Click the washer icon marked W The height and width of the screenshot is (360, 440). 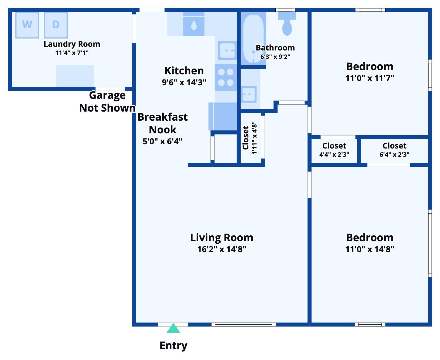27,25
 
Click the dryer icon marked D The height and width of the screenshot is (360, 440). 56,25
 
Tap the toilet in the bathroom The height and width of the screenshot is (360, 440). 287,25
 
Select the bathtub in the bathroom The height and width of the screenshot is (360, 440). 254,39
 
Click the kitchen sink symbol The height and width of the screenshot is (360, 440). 227,50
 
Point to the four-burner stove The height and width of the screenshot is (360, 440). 226,77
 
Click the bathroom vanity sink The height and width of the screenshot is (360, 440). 249,94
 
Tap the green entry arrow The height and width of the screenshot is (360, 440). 173,329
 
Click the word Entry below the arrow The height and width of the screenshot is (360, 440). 174,346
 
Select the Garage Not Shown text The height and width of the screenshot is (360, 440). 107,102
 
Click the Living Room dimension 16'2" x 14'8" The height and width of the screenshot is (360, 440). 221,249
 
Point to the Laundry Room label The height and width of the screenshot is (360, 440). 72,44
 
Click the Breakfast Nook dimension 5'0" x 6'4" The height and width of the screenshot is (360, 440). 162,141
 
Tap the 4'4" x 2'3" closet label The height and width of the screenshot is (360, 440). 334,154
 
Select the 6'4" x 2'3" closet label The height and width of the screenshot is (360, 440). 394,154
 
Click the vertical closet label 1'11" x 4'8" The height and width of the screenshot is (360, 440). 254,138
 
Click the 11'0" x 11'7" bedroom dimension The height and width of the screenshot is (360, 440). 370,78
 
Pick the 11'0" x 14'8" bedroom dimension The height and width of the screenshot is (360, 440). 370,249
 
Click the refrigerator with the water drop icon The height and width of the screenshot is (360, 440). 194,26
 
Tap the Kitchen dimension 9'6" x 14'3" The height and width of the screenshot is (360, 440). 184,82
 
